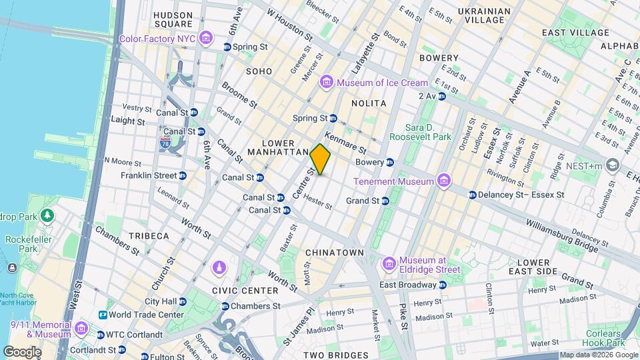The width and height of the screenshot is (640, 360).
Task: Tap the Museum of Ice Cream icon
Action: tap(327, 83)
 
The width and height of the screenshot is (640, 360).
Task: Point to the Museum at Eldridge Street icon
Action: tap(389, 265)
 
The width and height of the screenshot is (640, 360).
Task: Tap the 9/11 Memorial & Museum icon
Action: tap(81, 329)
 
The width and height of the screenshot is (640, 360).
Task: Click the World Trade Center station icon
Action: tap(103, 315)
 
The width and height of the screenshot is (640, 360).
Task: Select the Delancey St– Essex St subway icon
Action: tap(472, 195)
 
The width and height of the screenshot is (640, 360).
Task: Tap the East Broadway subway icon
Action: tap(443, 285)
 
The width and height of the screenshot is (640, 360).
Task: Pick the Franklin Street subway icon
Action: tap(183, 175)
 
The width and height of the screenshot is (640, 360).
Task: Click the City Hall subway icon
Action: tap(183, 301)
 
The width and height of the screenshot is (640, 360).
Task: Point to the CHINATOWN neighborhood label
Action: tap(334, 253)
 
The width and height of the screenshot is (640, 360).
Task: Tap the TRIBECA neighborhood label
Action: tap(149, 236)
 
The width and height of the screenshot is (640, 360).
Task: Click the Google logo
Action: tap(22, 352)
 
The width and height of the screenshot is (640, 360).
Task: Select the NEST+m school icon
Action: tap(613, 165)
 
